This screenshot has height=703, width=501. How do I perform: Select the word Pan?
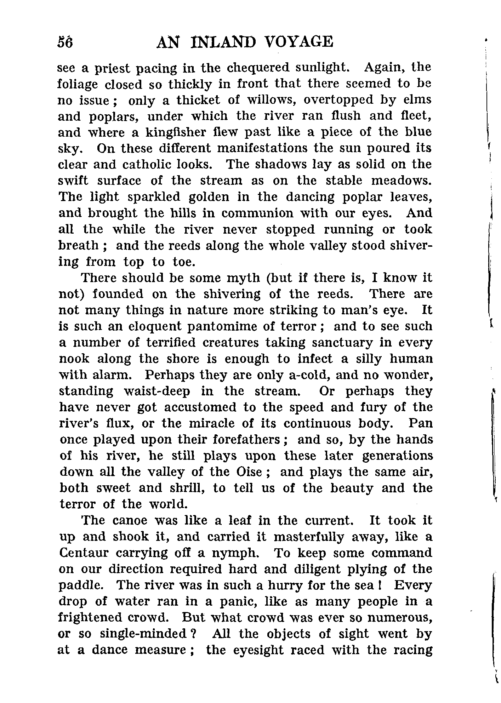click(420, 423)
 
